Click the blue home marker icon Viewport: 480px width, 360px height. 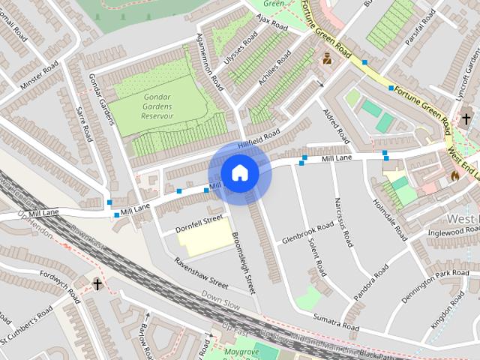(x=239, y=172)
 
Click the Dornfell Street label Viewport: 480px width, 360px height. (x=199, y=219)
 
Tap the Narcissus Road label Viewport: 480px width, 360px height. (x=343, y=222)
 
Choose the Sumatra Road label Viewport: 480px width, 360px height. (x=336, y=322)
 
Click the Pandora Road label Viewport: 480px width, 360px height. (x=371, y=280)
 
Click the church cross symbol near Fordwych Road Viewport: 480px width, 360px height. (x=97, y=284)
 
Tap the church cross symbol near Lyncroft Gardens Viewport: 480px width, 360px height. (x=466, y=118)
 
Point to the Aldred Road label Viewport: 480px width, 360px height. (x=336, y=125)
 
